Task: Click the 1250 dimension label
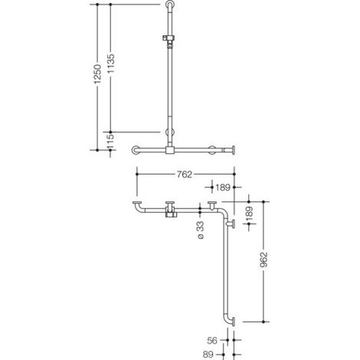pyautogui.click(x=97, y=74)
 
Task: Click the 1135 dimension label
pyautogui.click(x=111, y=64)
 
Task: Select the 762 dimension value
pyautogui.click(x=185, y=174)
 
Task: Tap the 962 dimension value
pyautogui.click(x=263, y=260)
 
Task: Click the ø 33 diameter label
pyautogui.click(x=201, y=230)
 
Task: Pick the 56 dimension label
pyautogui.click(x=212, y=340)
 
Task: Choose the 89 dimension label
pyautogui.click(x=208, y=355)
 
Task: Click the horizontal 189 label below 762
pyautogui.click(x=223, y=188)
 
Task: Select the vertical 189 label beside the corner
pyautogui.click(x=250, y=214)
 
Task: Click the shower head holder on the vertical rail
pyautogui.click(x=169, y=39)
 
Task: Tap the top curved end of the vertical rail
pyautogui.click(x=170, y=4)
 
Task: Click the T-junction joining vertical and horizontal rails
pyautogui.click(x=170, y=150)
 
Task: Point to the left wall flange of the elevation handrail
pyautogui.click(x=136, y=150)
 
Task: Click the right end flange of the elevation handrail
pyautogui.click(x=234, y=150)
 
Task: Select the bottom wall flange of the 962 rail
pyautogui.click(x=234, y=322)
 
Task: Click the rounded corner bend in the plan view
pyautogui.click(x=223, y=212)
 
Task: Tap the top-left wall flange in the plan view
pyautogui.click(x=137, y=203)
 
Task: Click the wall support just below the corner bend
pyautogui.click(x=231, y=224)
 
